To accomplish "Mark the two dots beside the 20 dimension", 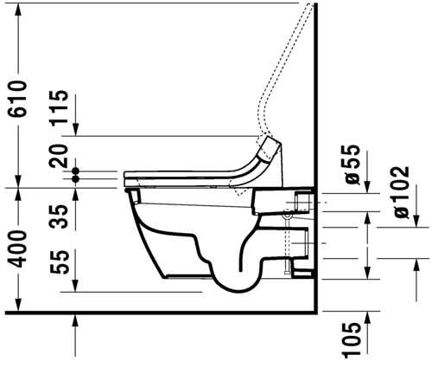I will pos(78,175).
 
